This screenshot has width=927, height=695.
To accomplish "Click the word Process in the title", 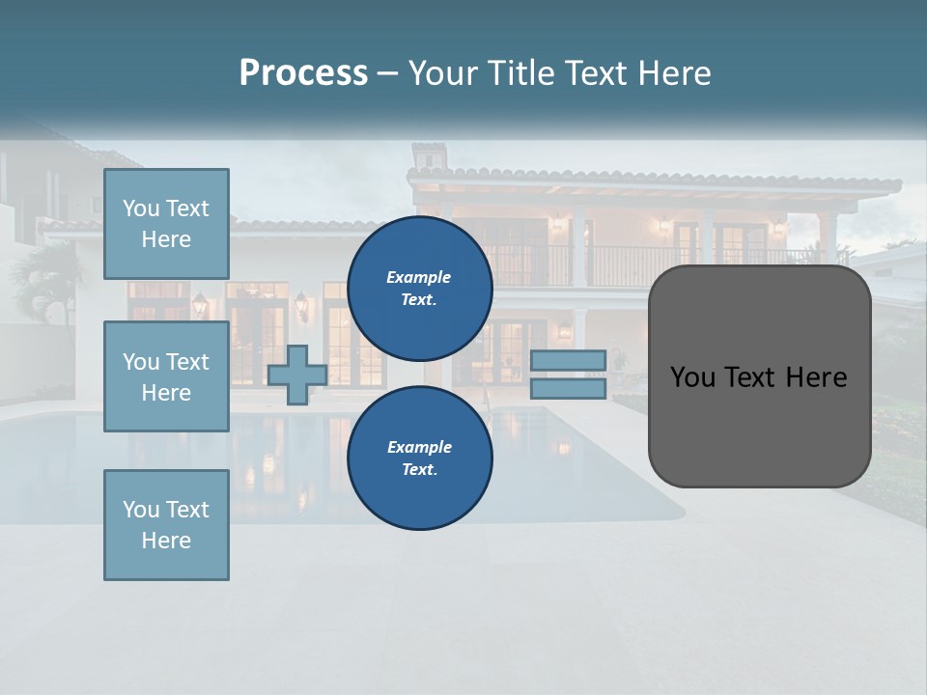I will pos(303,73).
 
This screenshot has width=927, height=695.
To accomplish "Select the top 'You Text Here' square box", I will pos(166,224).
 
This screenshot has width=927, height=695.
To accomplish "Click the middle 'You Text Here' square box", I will pos(166,376).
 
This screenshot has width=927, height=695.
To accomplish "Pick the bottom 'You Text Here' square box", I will pos(166,524).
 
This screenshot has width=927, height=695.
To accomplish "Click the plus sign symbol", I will pos(297,375).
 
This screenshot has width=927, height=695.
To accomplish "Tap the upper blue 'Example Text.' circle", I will pos(420,289).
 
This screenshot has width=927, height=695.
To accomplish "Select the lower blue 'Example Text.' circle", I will pos(420,458).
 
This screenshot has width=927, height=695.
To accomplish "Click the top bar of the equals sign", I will pos(568,360).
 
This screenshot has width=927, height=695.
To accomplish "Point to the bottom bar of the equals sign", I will pos(568,388).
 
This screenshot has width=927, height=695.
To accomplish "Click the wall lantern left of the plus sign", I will pos(200,304).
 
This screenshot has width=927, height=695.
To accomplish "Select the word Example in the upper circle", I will pos(419,277).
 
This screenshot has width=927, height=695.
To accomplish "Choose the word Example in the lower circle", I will pos(419,447).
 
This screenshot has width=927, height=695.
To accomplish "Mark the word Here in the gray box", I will pos(816,377).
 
